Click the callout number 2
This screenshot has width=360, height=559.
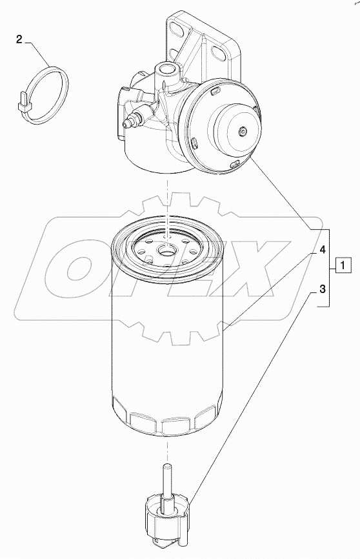click(19, 40)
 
